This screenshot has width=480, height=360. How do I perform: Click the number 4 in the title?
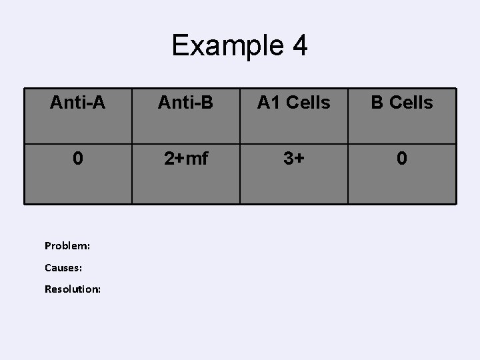[x=299, y=46]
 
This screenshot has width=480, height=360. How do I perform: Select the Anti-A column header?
[x=78, y=103]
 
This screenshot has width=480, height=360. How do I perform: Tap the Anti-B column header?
[x=186, y=103]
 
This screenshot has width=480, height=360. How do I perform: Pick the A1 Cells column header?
[x=294, y=103]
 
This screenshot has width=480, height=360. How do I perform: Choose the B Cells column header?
[x=402, y=103]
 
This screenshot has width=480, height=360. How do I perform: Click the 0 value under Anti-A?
[x=78, y=159]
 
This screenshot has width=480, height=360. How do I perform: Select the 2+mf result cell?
[x=186, y=159]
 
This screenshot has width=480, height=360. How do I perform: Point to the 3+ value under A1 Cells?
[x=294, y=159]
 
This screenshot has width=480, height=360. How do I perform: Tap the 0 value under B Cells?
[x=402, y=159]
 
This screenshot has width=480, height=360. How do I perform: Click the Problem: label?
[x=67, y=245]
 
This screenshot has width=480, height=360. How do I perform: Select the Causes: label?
[x=64, y=267]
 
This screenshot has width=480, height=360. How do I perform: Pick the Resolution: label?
[x=73, y=289]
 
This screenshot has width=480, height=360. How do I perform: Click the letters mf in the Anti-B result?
[x=197, y=159]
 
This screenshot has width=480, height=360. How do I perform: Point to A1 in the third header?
[x=268, y=103]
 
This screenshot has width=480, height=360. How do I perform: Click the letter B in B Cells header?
[x=377, y=103]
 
